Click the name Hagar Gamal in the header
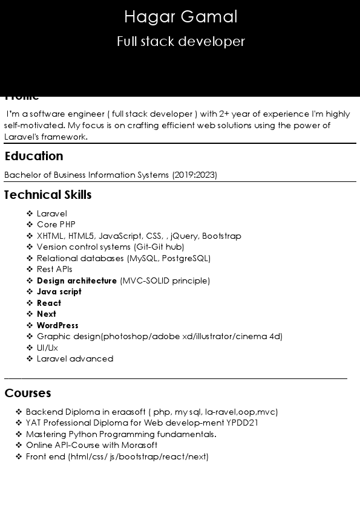pyautogui.click(x=180, y=17)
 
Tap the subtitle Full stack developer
pyautogui.click(x=180, y=42)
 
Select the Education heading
pyautogui.click(x=34, y=156)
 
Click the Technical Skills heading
pyautogui.click(x=48, y=195)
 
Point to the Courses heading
pyautogui.click(x=28, y=393)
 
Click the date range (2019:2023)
pyautogui.click(x=194, y=175)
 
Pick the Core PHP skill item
pyautogui.click(x=56, y=224)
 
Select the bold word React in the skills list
pyautogui.click(x=49, y=303)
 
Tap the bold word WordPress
pyautogui.click(x=57, y=325)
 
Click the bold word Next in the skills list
pyautogui.click(x=47, y=314)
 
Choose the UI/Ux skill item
pyautogui.click(x=47, y=348)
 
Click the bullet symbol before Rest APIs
pyautogui.click(x=30, y=269)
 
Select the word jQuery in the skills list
pyautogui.click(x=184, y=236)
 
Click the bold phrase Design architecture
pyautogui.click(x=77, y=280)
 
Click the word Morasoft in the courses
pyautogui.click(x=139, y=445)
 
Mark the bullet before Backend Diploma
pyautogui.click(x=19, y=412)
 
